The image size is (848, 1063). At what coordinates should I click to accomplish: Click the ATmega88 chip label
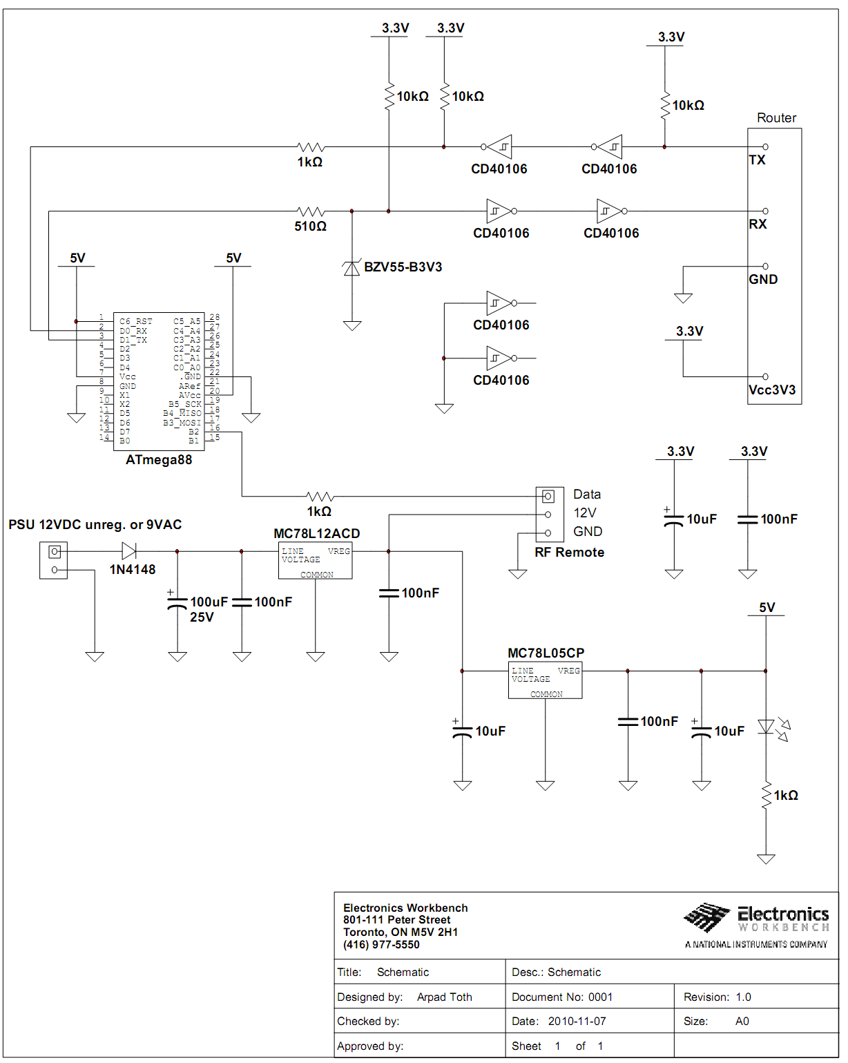point(159,460)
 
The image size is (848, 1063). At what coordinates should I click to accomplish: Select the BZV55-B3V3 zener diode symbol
point(352,268)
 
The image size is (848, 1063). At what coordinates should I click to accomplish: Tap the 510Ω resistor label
point(311,227)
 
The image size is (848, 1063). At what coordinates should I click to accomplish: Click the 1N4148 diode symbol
point(128,551)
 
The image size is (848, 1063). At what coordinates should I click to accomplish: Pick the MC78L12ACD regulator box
point(316,561)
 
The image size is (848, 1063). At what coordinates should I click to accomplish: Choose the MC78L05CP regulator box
point(546,680)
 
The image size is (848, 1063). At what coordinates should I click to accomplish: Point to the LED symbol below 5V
point(766,727)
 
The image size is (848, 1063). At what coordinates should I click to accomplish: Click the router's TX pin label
point(758,160)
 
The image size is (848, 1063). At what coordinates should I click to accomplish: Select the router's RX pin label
point(758,224)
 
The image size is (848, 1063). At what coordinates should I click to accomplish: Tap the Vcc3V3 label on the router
point(772,390)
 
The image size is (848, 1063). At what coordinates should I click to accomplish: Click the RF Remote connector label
point(569,553)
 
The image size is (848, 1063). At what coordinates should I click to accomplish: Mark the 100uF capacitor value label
point(209,602)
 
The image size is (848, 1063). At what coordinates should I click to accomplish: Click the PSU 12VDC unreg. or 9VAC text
point(95,525)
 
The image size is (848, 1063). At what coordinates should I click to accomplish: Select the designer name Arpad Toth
point(444,997)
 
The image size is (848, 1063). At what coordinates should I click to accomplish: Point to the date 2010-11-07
point(577,1022)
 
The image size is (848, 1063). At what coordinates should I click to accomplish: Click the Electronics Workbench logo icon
point(706,918)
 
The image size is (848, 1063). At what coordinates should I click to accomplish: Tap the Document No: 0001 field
point(562,997)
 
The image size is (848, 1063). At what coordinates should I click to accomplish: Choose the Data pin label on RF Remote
point(587,495)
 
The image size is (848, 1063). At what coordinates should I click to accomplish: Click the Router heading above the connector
point(776,118)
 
